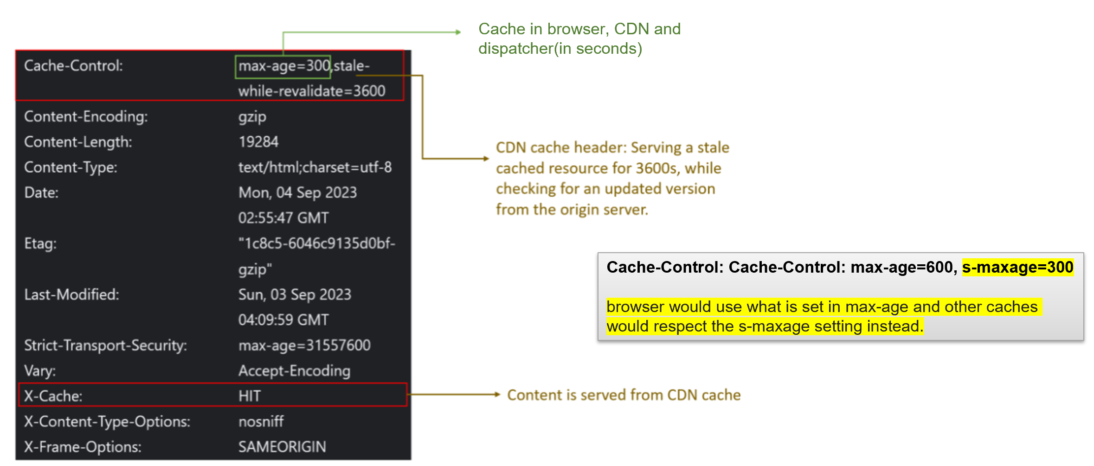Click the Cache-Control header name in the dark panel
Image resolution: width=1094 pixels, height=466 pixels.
73,66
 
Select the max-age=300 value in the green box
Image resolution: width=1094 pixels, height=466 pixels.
283,66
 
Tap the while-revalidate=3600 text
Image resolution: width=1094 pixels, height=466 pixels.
311,91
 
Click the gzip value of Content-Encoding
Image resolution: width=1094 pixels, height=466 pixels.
252,117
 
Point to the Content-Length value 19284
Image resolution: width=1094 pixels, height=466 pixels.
258,142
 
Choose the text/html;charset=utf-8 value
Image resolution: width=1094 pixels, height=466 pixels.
315,167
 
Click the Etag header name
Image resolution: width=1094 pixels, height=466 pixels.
40,244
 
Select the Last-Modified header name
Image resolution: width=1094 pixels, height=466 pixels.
71,295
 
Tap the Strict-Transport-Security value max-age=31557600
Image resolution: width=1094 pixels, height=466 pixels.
304,345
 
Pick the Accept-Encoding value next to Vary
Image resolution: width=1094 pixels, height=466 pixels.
294,371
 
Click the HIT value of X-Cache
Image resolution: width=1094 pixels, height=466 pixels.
250,396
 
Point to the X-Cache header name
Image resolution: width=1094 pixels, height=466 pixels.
53,396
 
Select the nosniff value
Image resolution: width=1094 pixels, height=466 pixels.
261,421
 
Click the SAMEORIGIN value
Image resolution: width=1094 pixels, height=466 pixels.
282,447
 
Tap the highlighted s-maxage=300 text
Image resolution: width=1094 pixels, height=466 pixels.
1017,268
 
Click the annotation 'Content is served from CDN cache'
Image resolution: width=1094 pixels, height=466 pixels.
624,395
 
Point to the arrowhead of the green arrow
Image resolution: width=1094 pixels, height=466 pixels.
458,32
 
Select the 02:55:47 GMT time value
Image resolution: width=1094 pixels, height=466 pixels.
283,218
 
